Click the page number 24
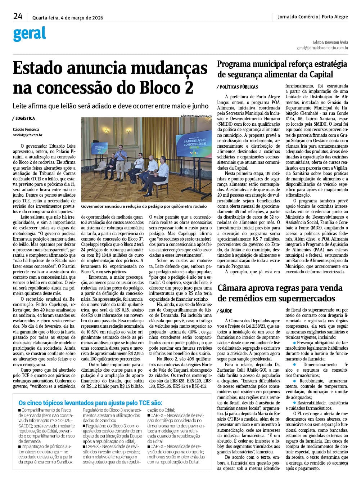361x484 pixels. click(x=18, y=16)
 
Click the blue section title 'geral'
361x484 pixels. click(x=30, y=34)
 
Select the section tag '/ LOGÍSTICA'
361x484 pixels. click(x=23, y=118)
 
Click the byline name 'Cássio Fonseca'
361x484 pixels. click(x=26, y=130)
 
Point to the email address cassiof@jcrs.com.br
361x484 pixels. click(x=28, y=135)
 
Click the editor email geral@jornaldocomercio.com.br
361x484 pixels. click(x=322, y=48)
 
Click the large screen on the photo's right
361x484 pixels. click(x=193, y=144)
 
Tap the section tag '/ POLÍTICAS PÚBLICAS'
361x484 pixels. click(x=238, y=87)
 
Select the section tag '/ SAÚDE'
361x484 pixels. click(x=225, y=311)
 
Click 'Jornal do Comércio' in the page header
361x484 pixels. click(x=298, y=17)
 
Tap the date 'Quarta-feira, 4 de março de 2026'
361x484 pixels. click(x=68, y=17)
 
